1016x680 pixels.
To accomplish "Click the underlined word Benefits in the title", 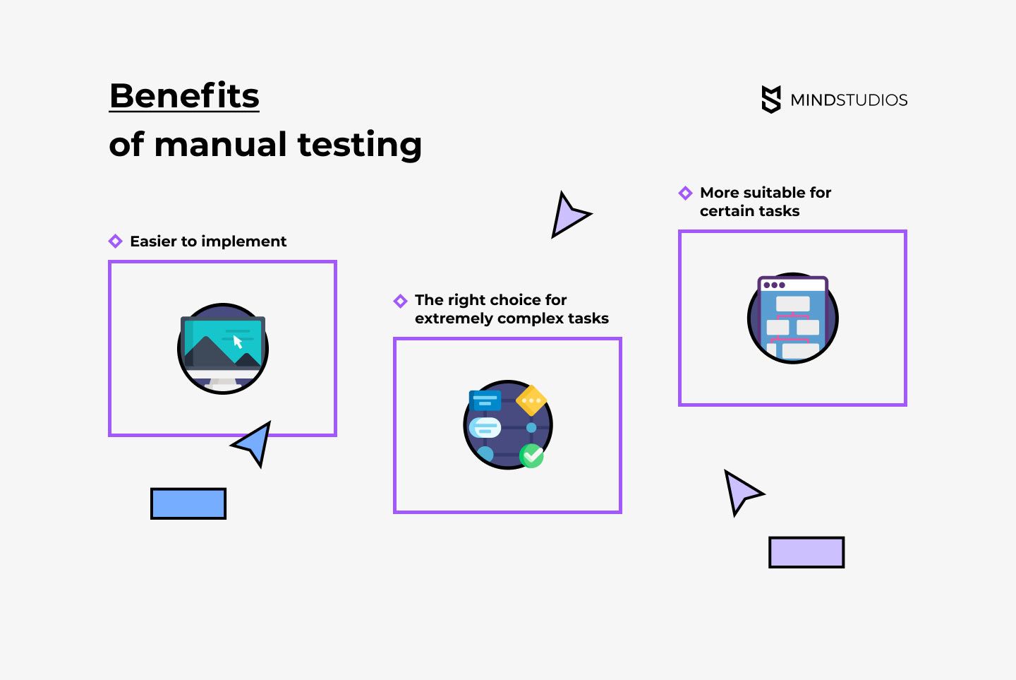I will tap(184, 95).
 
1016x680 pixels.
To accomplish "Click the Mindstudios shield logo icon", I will tap(771, 100).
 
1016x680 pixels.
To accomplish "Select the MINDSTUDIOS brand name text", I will tap(849, 100).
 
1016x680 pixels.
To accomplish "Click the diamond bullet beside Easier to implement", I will tap(116, 241).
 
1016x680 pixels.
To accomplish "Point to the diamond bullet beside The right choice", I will tap(400, 302).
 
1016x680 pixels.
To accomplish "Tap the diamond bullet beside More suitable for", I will tap(685, 193).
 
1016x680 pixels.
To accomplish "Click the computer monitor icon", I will tap(223, 349).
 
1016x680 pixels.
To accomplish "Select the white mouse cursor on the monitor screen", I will tap(238, 342).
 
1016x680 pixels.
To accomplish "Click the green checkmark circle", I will tap(532, 455).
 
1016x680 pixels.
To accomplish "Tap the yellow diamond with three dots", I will tap(531, 400).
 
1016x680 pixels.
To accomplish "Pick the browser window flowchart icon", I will tap(792, 318).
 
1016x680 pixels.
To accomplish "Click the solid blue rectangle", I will tap(188, 503).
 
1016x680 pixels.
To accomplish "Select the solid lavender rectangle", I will tap(806, 552).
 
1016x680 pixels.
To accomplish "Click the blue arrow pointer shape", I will tap(255, 443).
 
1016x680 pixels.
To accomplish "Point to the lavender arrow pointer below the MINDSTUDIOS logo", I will tap(567, 215).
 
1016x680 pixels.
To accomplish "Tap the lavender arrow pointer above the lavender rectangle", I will tap(740, 491).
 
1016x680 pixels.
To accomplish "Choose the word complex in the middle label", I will tap(530, 318).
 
